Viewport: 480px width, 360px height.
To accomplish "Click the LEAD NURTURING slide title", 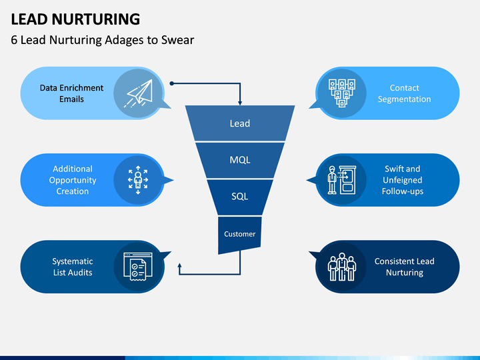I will tap(75, 19).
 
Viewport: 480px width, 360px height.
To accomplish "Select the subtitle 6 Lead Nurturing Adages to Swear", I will tap(103, 40).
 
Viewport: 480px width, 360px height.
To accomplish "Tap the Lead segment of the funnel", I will tap(240, 123).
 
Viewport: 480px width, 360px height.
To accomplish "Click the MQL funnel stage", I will tap(240, 161).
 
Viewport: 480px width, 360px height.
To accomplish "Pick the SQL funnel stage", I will tap(240, 197).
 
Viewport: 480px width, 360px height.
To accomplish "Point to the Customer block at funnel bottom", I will tap(240, 234).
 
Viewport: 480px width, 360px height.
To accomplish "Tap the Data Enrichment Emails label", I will tap(71, 93).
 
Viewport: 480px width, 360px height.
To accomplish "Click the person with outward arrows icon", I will tap(139, 180).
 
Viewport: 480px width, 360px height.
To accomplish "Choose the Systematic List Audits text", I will tap(73, 267).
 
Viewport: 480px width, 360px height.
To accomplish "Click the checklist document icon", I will tap(139, 267).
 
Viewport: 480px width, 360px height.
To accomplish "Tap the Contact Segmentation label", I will tap(404, 93).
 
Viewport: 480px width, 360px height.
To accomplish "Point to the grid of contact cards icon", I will tap(341, 93).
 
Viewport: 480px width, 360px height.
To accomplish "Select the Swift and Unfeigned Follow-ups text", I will tap(402, 180).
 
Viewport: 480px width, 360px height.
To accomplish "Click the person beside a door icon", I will tap(341, 180).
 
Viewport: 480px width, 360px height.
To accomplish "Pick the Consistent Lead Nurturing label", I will tap(404, 267).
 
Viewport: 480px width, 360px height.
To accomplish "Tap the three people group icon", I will tap(341, 267).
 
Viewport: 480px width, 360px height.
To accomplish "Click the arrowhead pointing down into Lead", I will tap(240, 101).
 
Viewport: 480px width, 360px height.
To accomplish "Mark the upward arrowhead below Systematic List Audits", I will tap(179, 265).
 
